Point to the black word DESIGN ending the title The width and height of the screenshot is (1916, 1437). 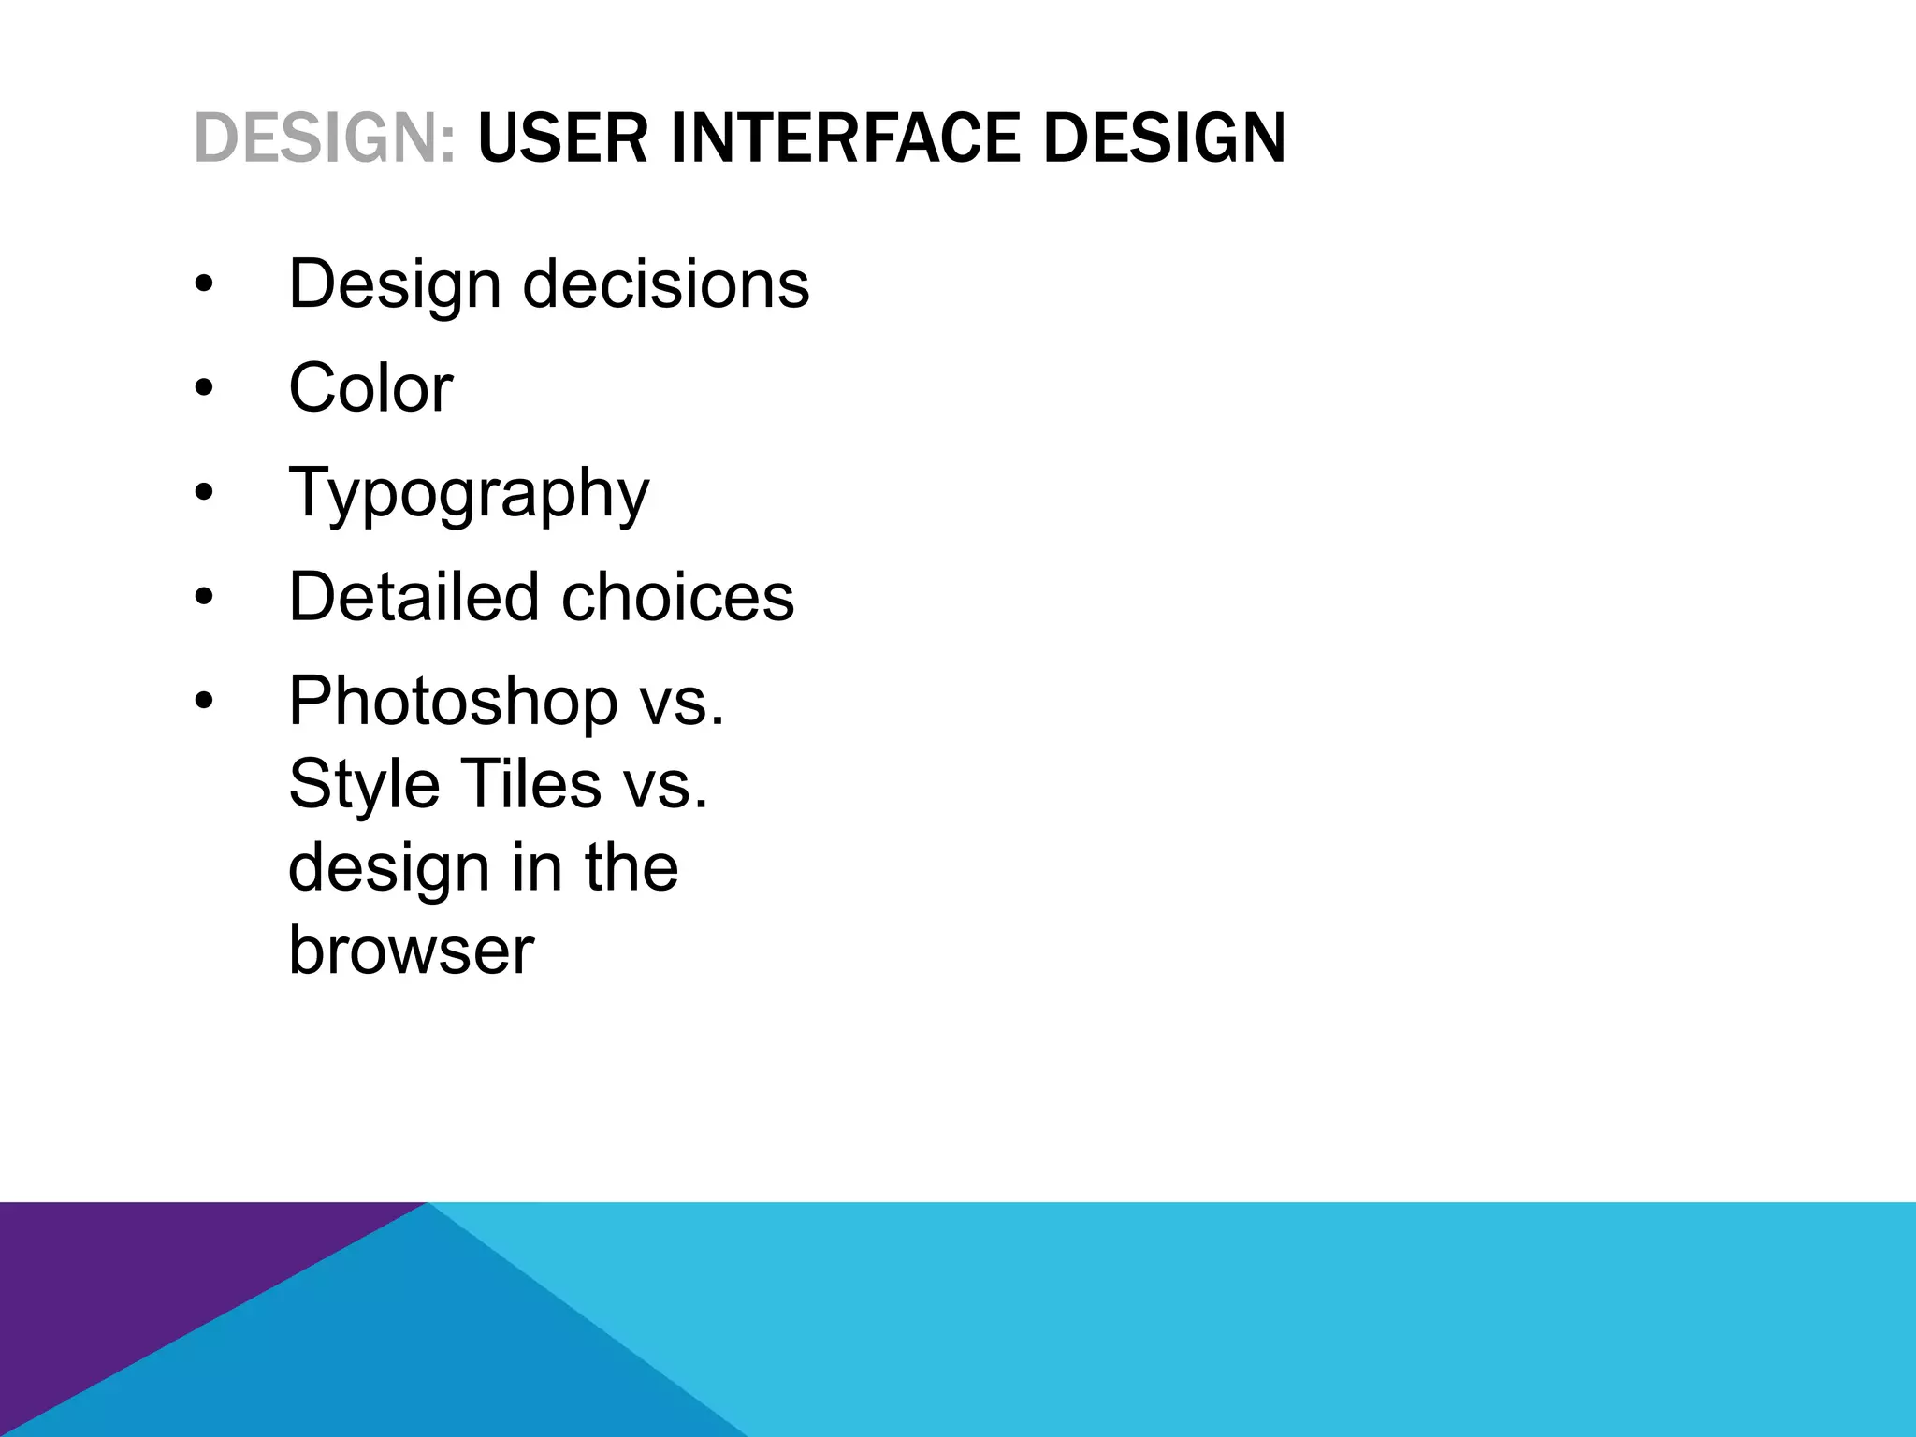pyautogui.click(x=1165, y=138)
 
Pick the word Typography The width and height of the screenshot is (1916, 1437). pyautogui.click(x=469, y=494)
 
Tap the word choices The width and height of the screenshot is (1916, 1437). pyautogui.click(x=678, y=596)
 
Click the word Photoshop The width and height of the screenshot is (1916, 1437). pyautogui.click(x=453, y=701)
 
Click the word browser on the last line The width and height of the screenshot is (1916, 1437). pyautogui.click(x=411, y=951)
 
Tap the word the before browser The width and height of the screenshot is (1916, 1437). pyautogui.click(x=631, y=867)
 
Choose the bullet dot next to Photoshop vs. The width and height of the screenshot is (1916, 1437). pyautogui.click(x=204, y=701)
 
